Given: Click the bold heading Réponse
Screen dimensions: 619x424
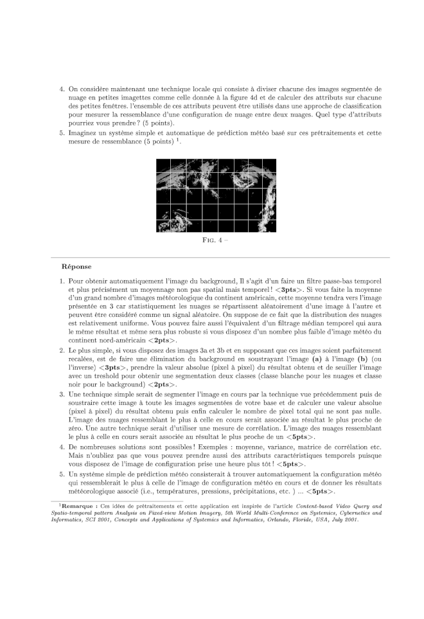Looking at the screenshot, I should tap(76, 266).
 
